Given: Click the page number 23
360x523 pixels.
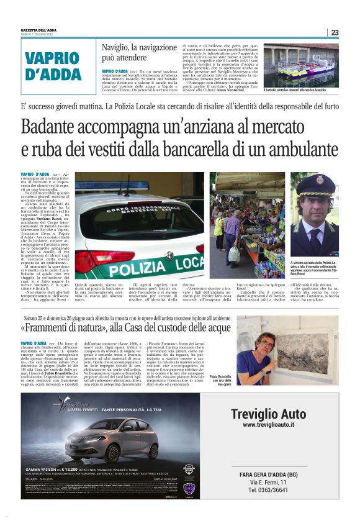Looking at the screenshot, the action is (x=335, y=32).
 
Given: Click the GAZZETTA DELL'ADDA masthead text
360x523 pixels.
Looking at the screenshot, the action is (x=41, y=30).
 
